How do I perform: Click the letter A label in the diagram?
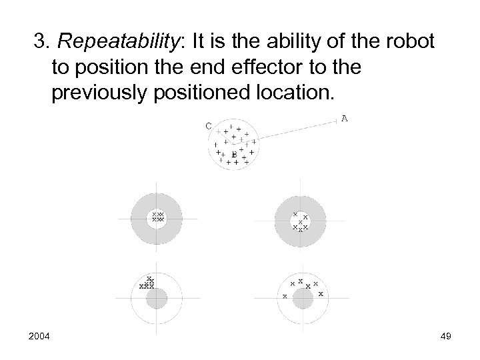tap(345, 119)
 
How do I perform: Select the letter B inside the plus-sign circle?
tap(234, 155)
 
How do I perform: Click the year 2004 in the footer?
tap(39, 337)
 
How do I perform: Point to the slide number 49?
tap(445, 337)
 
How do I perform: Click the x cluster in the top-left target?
tap(157, 216)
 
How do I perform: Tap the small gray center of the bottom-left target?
tap(157, 297)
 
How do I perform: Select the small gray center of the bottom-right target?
tap(301, 298)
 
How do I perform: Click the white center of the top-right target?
tap(301, 218)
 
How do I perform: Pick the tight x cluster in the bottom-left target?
tap(148, 284)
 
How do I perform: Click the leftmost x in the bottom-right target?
tap(285, 295)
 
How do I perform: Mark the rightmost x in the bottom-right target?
tap(321, 293)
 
